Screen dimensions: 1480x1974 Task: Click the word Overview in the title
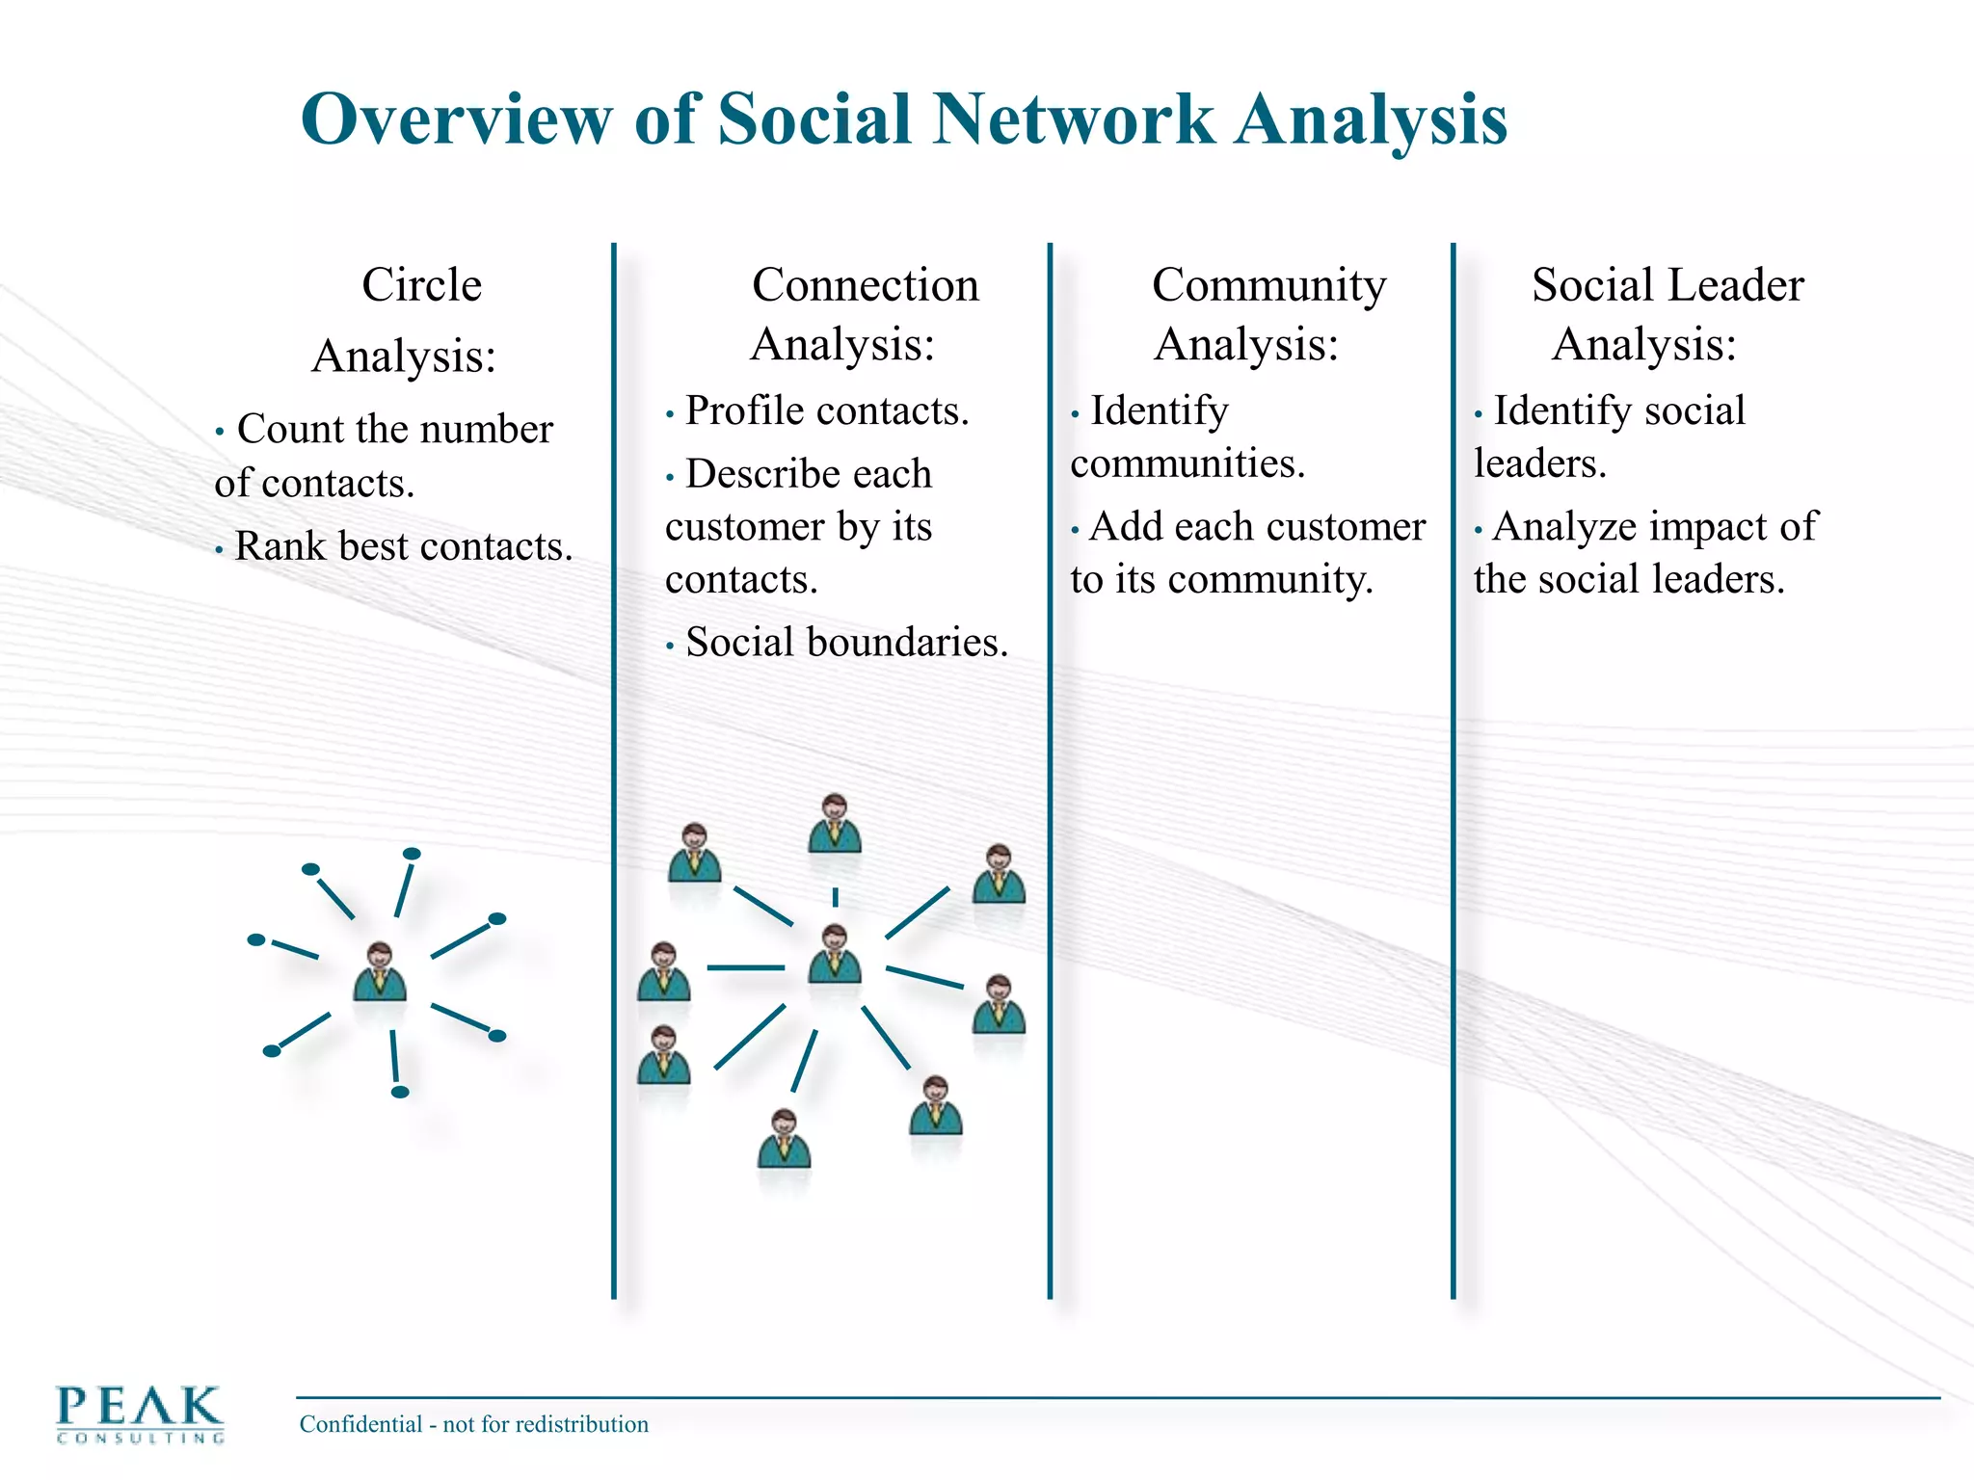click(x=455, y=119)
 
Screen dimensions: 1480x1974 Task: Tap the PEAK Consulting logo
click(x=140, y=1413)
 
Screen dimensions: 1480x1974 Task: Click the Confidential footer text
click(x=473, y=1424)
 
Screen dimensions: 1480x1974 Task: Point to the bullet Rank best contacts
click(x=403, y=546)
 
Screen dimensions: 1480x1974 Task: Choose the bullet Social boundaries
click(x=845, y=643)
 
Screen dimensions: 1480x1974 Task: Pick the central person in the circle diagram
click(x=380, y=971)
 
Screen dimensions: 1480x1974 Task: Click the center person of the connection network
click(x=835, y=953)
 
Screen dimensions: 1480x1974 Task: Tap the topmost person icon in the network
click(x=835, y=823)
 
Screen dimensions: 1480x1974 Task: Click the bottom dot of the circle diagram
click(x=400, y=1092)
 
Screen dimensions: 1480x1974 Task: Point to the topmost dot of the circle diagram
click(x=412, y=854)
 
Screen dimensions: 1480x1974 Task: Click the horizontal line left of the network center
click(x=746, y=966)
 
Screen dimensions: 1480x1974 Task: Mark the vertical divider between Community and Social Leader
click(x=1453, y=771)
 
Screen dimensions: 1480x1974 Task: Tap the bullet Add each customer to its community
click(x=1248, y=553)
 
